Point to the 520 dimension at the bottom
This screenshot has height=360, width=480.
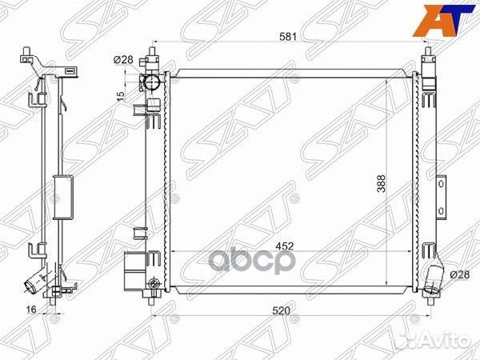pos(279,310)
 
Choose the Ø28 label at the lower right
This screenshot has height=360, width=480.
pos(459,274)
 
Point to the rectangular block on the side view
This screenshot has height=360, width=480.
pos(60,196)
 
